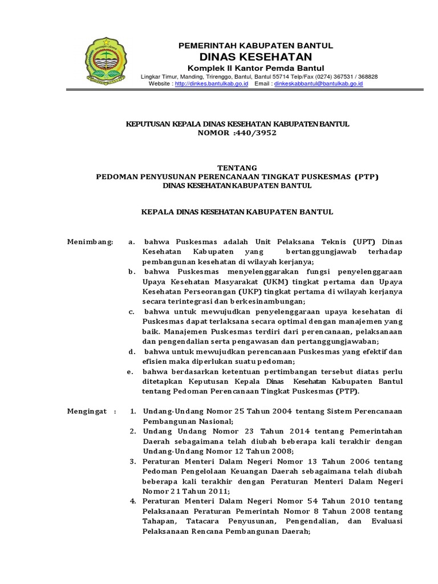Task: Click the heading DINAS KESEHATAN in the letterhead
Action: tap(255, 56)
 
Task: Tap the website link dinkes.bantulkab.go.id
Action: tap(210, 84)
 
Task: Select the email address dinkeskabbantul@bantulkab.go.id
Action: tap(318, 84)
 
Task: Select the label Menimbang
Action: tap(90, 242)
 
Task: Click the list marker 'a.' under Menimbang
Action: tap(132, 242)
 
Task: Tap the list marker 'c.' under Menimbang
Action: tap(131, 311)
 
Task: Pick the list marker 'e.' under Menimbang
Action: tap(131, 371)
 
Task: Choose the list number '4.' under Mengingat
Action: tap(132, 501)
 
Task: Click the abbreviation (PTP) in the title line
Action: tap(366, 177)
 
